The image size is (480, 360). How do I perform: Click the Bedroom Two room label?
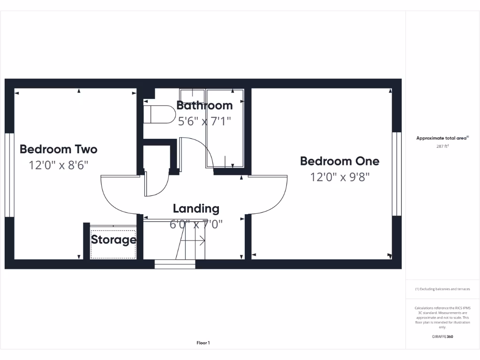59,150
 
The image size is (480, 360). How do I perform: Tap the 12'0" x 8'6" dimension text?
59,165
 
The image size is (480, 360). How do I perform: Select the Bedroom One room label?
339,161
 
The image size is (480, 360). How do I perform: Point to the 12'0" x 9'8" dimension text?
339,177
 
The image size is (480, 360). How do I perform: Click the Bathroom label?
204,105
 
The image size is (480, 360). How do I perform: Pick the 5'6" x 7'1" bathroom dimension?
204,121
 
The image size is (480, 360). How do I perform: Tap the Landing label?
196,209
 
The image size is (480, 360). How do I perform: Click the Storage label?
113,240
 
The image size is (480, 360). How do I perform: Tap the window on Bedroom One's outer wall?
397,173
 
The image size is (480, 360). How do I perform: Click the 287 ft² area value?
442,146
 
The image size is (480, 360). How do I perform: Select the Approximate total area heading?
442,138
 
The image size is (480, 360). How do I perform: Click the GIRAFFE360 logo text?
442,337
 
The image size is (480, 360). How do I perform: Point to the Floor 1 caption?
203,343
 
